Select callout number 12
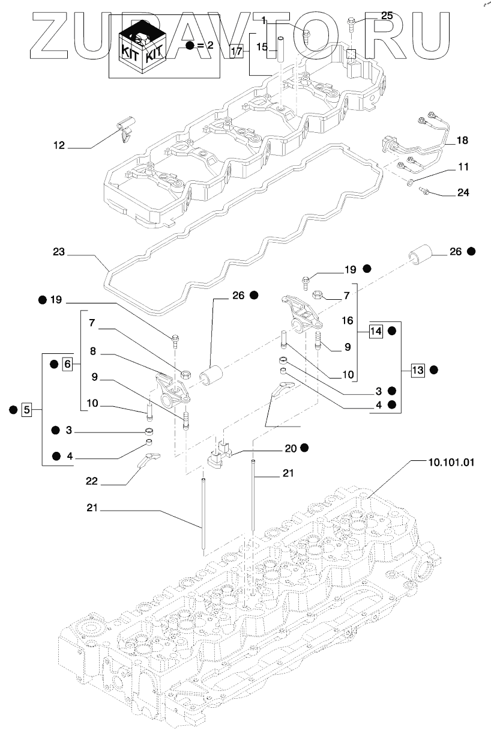point(59,145)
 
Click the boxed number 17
point(237,51)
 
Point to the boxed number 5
point(26,410)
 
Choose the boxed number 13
point(418,370)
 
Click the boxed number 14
point(376,330)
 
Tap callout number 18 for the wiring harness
point(462,141)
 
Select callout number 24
point(462,193)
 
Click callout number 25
point(387,16)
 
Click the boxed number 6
point(67,363)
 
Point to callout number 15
point(262,46)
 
